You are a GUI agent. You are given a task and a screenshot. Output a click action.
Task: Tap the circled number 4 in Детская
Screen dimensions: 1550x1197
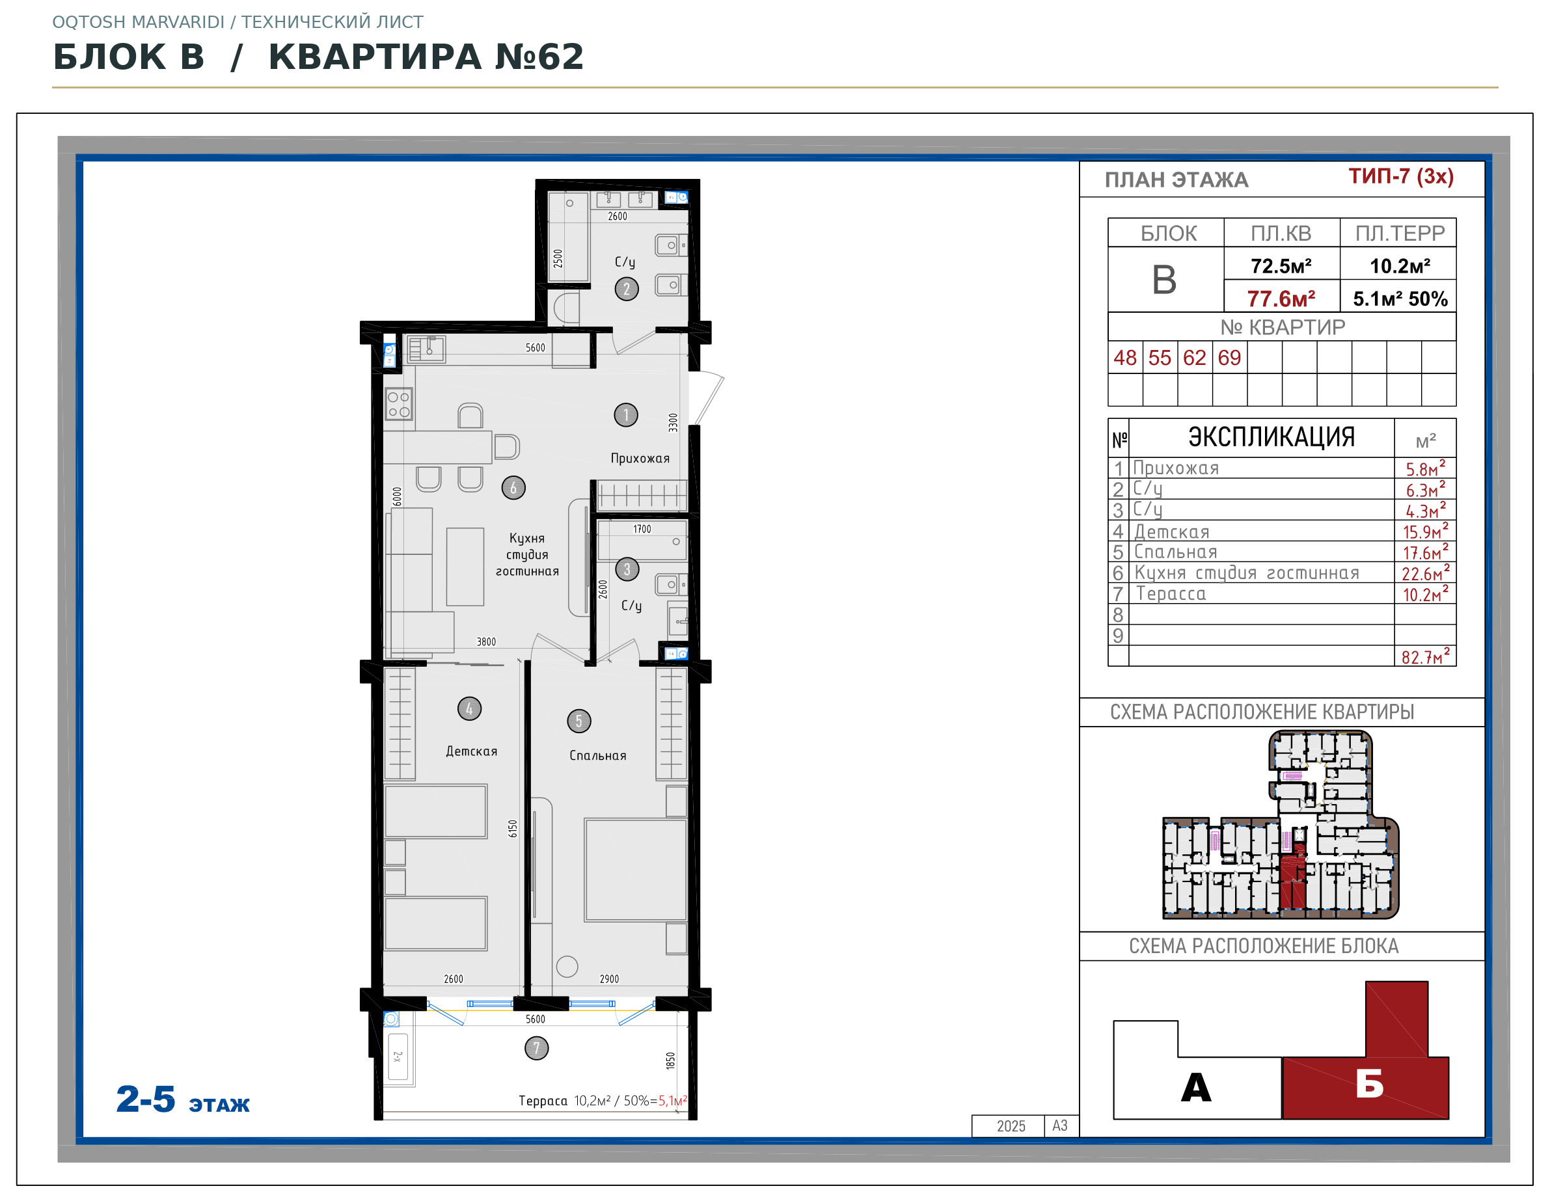pos(469,708)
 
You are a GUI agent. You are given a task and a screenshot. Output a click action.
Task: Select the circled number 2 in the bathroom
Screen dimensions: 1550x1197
pos(626,289)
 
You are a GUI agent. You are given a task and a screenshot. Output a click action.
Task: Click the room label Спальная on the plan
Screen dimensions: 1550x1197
pos(597,756)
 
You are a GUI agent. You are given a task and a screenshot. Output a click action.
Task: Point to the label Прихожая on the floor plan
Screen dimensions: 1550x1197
pos(640,459)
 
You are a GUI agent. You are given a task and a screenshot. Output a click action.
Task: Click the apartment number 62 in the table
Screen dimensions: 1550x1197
pos(1195,358)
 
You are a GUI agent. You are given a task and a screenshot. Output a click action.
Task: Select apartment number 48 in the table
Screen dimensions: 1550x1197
pos(1125,358)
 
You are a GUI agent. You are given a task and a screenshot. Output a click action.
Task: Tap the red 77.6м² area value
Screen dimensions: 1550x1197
pos(1281,299)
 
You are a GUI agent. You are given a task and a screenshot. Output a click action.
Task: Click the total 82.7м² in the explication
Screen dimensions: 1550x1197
pos(1425,656)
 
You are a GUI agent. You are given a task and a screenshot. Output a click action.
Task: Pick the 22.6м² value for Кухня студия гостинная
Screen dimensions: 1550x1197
pos(1425,572)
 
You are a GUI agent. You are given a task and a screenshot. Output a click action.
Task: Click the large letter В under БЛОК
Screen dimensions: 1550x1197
pos(1164,280)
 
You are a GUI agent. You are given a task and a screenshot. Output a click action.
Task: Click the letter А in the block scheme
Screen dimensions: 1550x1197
pos(1196,1087)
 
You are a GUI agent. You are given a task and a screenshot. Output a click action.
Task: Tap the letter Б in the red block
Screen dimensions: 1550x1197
pos(1369,1084)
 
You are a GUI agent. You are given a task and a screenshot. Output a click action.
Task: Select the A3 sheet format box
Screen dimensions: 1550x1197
pos(1060,1126)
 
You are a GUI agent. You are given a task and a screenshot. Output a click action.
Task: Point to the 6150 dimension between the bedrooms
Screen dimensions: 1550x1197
pos(512,829)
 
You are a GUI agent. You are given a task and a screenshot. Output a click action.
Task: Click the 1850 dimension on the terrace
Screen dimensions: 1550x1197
pos(670,1061)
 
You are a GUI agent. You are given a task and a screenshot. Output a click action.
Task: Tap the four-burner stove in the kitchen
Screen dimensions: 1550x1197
pos(398,404)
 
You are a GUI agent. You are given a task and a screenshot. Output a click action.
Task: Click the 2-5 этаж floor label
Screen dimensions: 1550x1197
pos(183,1100)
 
